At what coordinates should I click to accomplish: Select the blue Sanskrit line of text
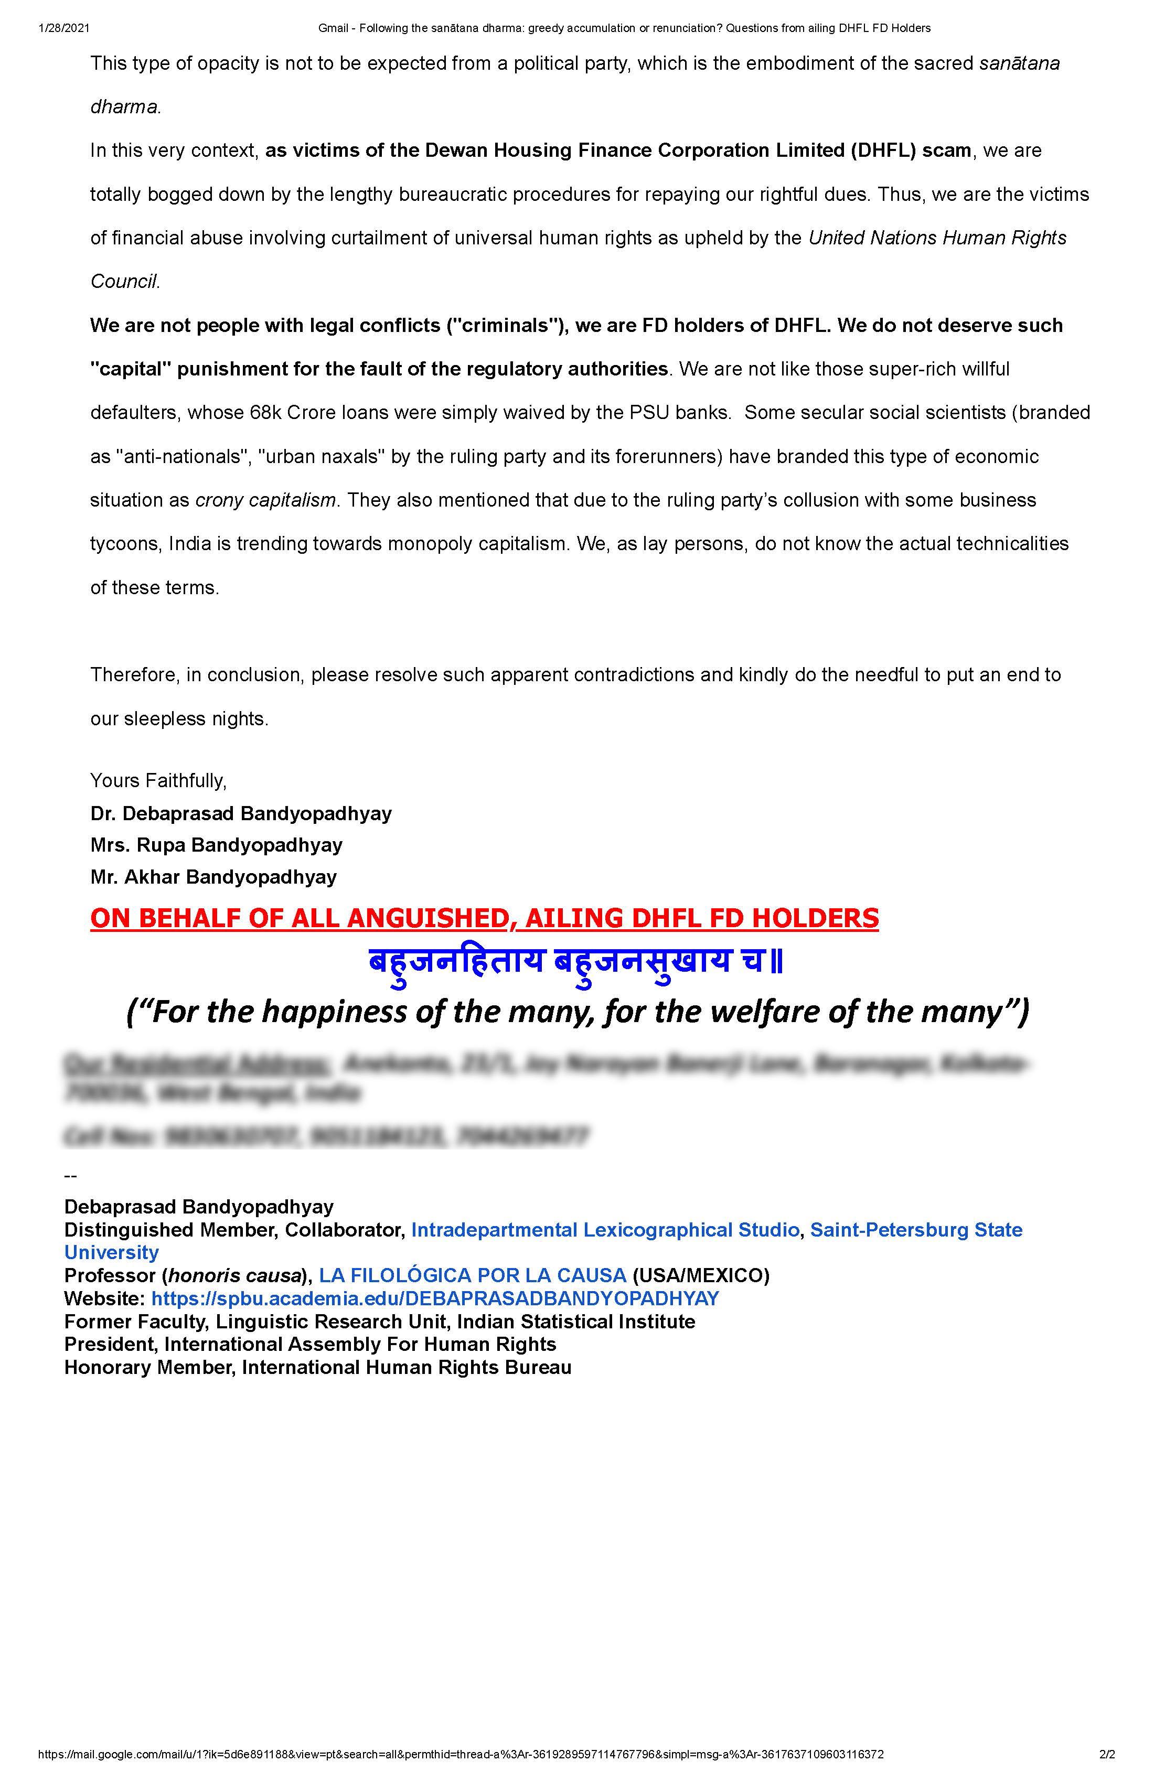pyautogui.click(x=575, y=961)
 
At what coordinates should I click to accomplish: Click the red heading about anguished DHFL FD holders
pyautogui.click(x=484, y=918)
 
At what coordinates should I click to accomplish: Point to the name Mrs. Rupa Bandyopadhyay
pyautogui.click(x=217, y=845)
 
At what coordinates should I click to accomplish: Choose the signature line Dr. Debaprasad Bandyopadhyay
pyautogui.click(x=241, y=813)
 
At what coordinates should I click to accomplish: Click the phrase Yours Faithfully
pyautogui.click(x=158, y=781)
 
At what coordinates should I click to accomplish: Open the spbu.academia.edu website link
pyautogui.click(x=435, y=1298)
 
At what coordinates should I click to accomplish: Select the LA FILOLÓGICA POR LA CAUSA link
pyautogui.click(x=472, y=1276)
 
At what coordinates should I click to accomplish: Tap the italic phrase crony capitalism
pyautogui.click(x=265, y=500)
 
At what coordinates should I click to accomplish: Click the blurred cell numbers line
pyautogui.click(x=326, y=1136)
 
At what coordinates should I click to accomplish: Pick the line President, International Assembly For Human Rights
pyautogui.click(x=310, y=1344)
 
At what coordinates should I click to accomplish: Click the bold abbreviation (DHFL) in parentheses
pyautogui.click(x=882, y=151)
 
